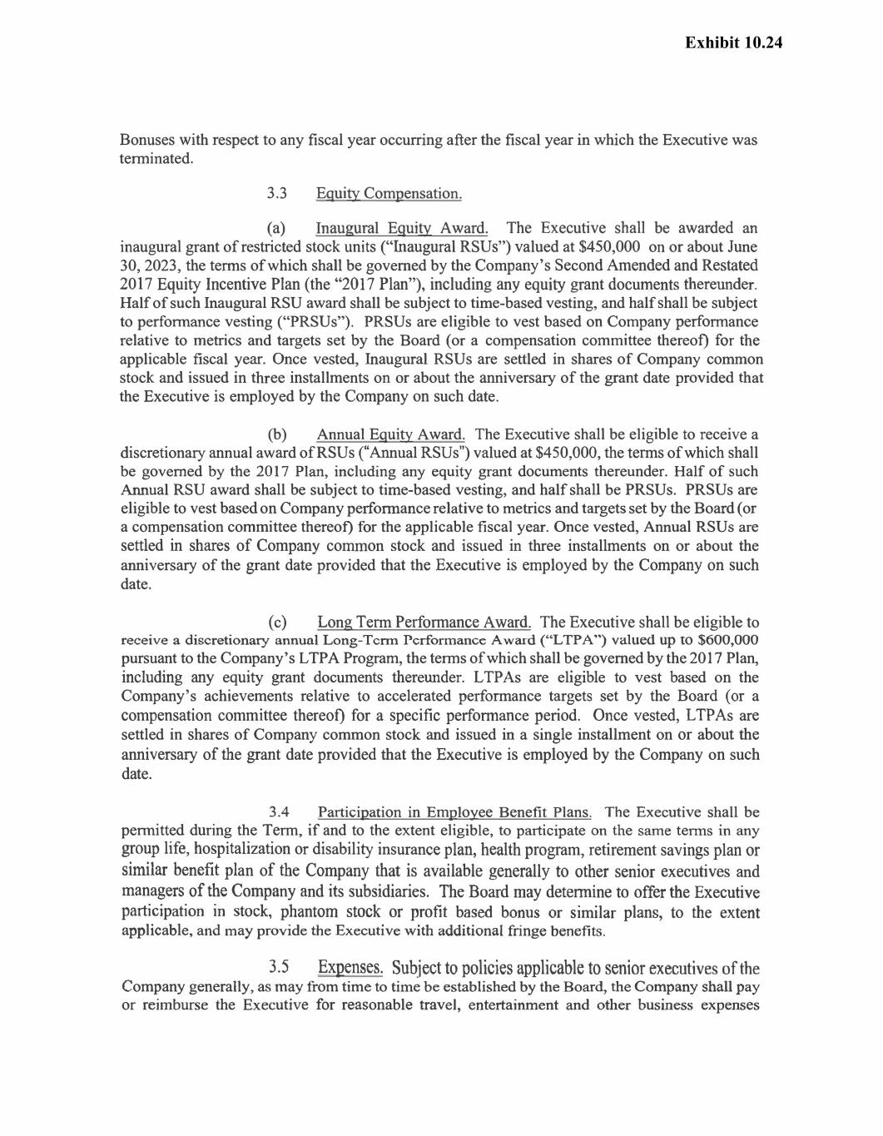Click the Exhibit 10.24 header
click(733, 43)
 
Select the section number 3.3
click(277, 194)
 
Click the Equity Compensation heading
click(388, 194)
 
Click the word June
click(742, 247)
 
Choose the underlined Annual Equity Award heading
click(390, 434)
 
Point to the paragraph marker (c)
click(277, 623)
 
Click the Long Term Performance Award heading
click(424, 623)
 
